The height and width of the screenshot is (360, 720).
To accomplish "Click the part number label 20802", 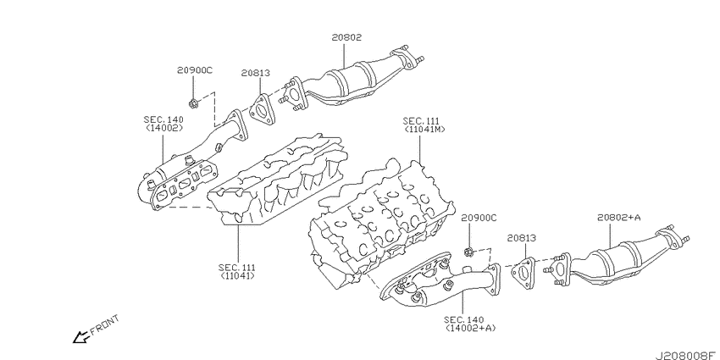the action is click(346, 37).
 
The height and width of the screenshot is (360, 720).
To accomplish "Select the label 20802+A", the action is click(618, 218).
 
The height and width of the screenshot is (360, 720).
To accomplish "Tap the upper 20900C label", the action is click(195, 70).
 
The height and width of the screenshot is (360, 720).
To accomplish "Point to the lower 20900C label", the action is click(479, 218).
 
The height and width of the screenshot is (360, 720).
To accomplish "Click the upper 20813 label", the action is click(255, 73).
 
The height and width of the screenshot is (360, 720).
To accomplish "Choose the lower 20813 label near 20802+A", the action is click(522, 238).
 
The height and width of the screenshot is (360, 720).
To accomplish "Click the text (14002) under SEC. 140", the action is click(164, 128).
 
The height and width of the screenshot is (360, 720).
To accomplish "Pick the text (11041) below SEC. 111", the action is click(237, 275).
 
